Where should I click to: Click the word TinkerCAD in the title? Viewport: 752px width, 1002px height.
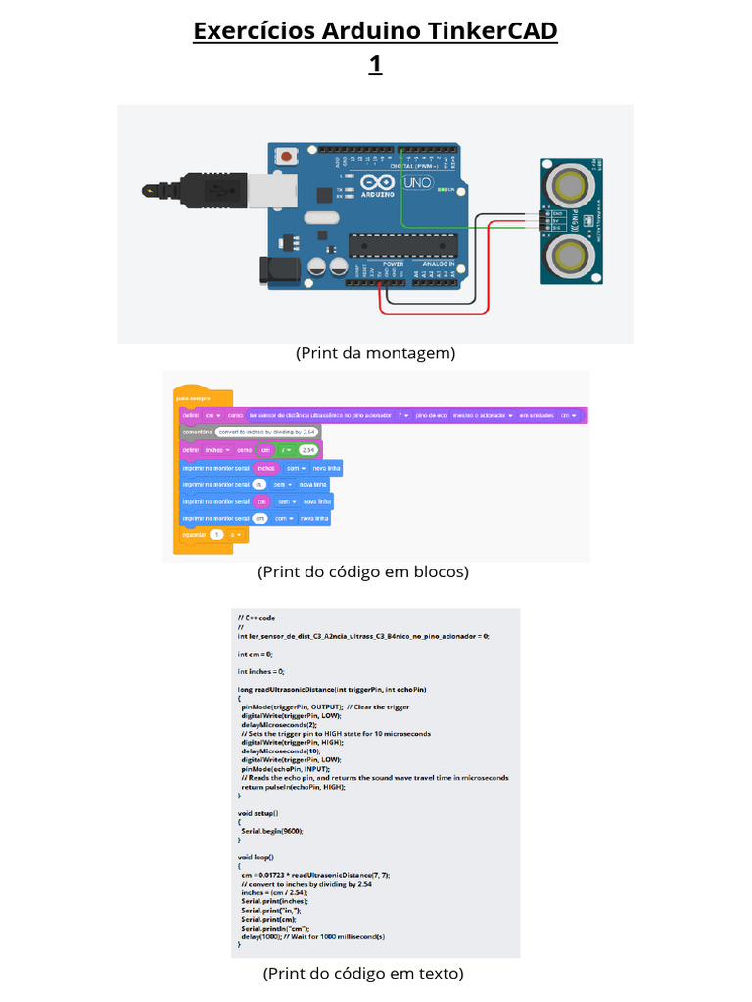pyautogui.click(x=493, y=31)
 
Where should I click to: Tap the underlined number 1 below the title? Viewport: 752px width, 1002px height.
pyautogui.click(x=375, y=65)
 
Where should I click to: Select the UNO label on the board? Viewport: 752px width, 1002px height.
pyautogui.click(x=417, y=182)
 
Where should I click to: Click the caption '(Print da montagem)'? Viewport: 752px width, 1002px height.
pyautogui.click(x=375, y=353)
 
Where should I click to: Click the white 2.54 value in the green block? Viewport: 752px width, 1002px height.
pyautogui.click(x=308, y=450)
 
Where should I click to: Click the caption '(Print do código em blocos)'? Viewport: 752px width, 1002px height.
pyautogui.click(x=363, y=571)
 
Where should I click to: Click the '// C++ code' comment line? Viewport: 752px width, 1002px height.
pyautogui.click(x=257, y=618)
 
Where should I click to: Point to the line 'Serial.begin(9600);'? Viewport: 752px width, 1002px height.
pyautogui.click(x=272, y=830)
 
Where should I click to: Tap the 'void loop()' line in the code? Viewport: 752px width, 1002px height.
pyautogui.click(x=257, y=856)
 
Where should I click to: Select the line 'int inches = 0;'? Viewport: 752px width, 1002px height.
pyautogui.click(x=260, y=671)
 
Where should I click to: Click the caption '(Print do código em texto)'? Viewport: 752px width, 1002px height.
pyautogui.click(x=363, y=973)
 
